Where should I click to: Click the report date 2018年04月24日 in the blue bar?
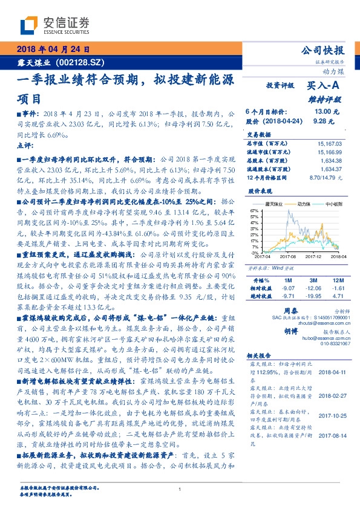(51, 49)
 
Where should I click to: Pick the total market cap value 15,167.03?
(329, 144)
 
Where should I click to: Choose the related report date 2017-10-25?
(330, 432)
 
